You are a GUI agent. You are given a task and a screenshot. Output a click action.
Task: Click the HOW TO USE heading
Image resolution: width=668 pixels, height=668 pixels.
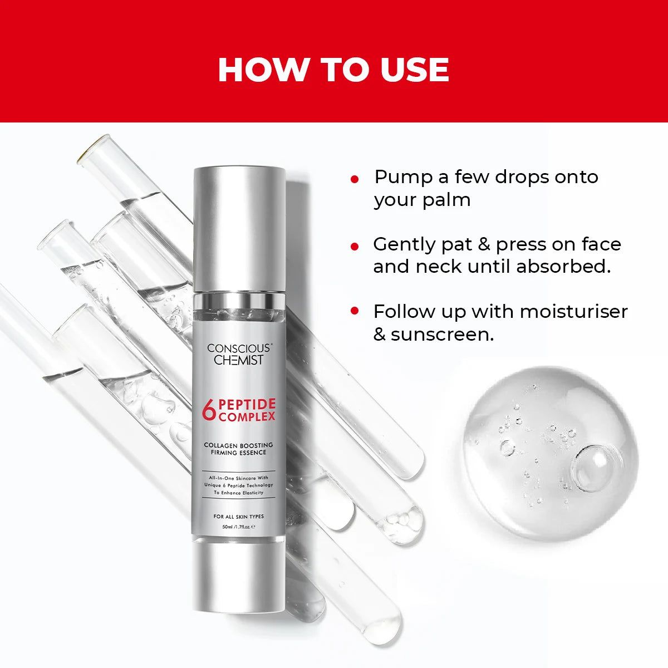(x=333, y=70)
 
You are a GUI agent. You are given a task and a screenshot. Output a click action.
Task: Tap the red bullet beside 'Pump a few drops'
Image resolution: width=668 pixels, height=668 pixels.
(x=355, y=179)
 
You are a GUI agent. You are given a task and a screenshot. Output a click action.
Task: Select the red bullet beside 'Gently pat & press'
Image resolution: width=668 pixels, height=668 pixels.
(x=355, y=246)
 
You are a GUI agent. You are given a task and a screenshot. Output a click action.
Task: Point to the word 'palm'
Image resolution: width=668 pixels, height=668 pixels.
(x=446, y=200)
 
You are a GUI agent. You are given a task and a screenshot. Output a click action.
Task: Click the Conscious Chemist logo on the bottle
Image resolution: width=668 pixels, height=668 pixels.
(x=239, y=354)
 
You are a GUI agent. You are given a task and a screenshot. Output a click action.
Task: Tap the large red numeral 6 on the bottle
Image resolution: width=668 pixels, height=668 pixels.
(x=209, y=411)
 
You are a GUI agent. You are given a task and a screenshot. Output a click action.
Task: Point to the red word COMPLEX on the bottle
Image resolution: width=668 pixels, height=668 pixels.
(x=247, y=417)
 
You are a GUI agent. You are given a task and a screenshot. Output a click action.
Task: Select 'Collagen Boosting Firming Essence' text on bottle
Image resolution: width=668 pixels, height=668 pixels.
(x=239, y=449)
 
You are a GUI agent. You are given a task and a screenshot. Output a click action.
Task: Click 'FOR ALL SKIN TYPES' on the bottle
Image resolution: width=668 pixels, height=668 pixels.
(x=239, y=517)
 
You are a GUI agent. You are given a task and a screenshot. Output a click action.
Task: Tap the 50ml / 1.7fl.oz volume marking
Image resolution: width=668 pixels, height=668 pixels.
(x=238, y=526)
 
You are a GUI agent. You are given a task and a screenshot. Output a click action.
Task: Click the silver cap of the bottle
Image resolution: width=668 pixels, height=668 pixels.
(x=239, y=228)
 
